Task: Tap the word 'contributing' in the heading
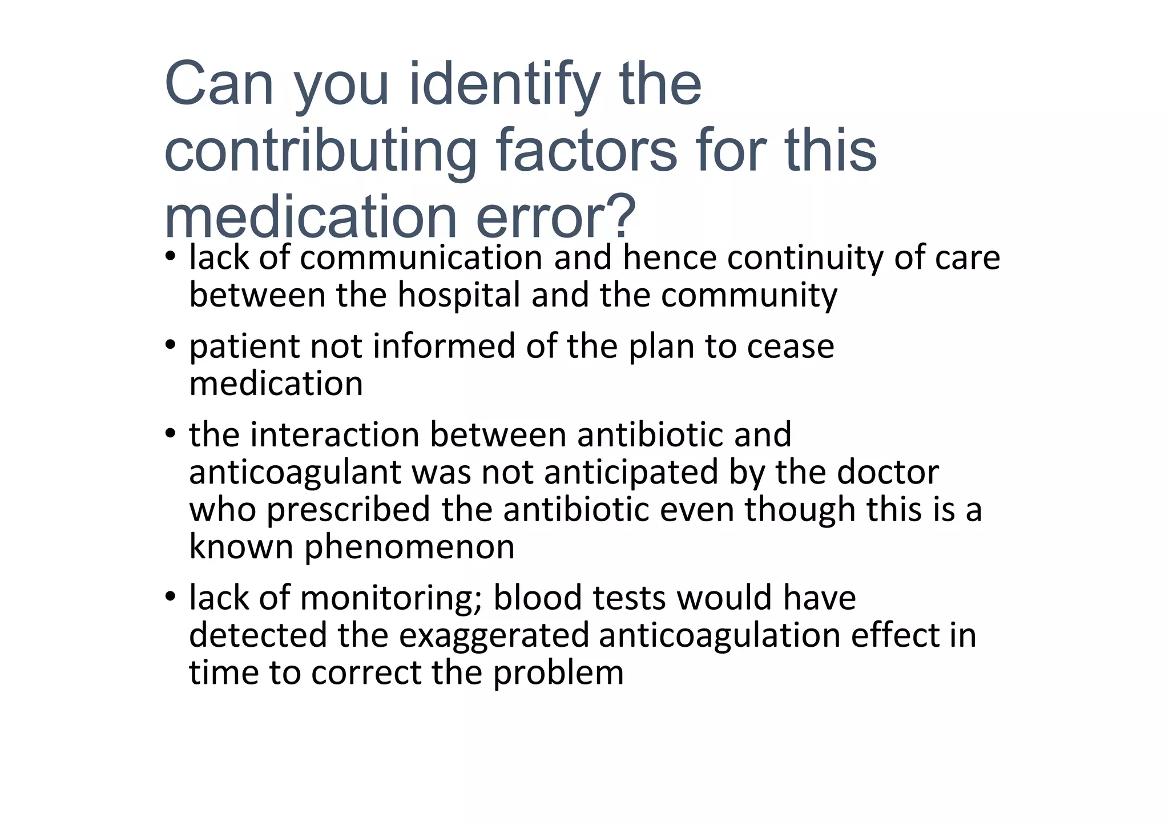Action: [320, 151]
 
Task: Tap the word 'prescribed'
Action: [348, 509]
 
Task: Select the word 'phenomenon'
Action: [409, 547]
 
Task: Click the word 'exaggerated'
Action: [494, 635]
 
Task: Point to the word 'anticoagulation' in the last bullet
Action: [720, 635]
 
